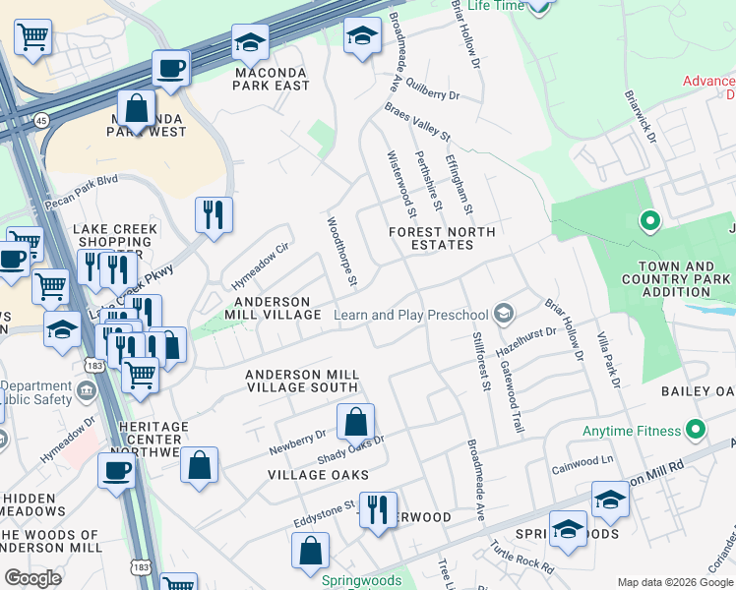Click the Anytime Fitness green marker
(x=697, y=431)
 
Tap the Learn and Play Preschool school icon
(x=504, y=315)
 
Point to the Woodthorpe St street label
(x=340, y=252)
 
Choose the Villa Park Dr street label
(x=607, y=360)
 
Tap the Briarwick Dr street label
(x=640, y=117)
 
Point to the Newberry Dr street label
(x=298, y=442)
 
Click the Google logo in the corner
(x=32, y=578)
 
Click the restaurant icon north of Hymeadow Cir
(x=214, y=214)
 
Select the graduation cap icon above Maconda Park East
(x=250, y=43)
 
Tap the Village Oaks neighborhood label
(x=318, y=475)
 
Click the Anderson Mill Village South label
(x=301, y=382)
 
